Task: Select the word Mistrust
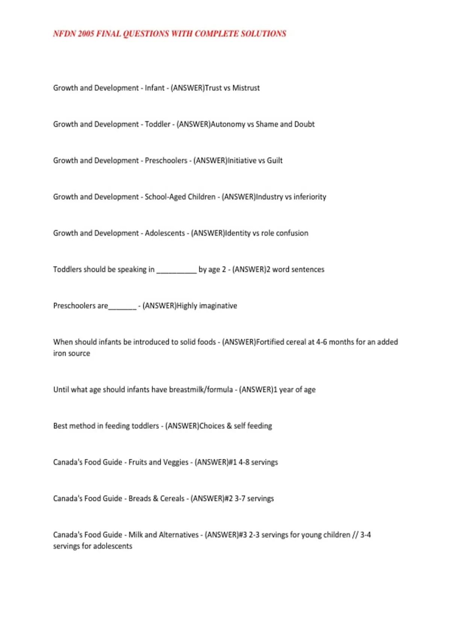point(246,88)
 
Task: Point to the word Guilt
point(275,161)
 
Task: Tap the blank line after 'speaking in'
point(176,271)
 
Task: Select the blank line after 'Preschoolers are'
point(122,307)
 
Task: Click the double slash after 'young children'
point(355,535)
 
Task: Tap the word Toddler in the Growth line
point(157,124)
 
